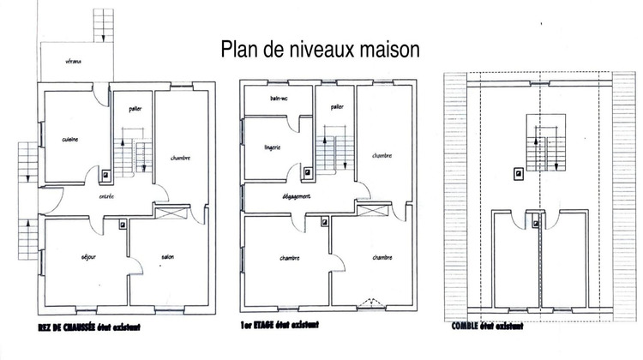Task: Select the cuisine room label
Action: (x=70, y=140)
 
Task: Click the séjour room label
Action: (x=87, y=256)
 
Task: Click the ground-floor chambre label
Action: (x=180, y=158)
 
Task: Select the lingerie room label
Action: (x=273, y=148)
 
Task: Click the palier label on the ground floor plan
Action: (x=135, y=109)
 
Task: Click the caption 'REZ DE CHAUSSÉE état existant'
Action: (x=89, y=327)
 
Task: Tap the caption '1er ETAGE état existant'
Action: (x=280, y=327)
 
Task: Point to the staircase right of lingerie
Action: (x=332, y=153)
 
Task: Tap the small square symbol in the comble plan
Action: (x=518, y=174)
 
